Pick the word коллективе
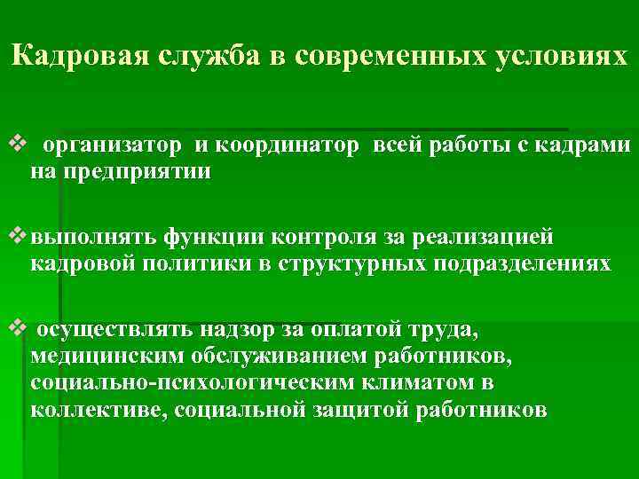pyautogui.click(x=98, y=410)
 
